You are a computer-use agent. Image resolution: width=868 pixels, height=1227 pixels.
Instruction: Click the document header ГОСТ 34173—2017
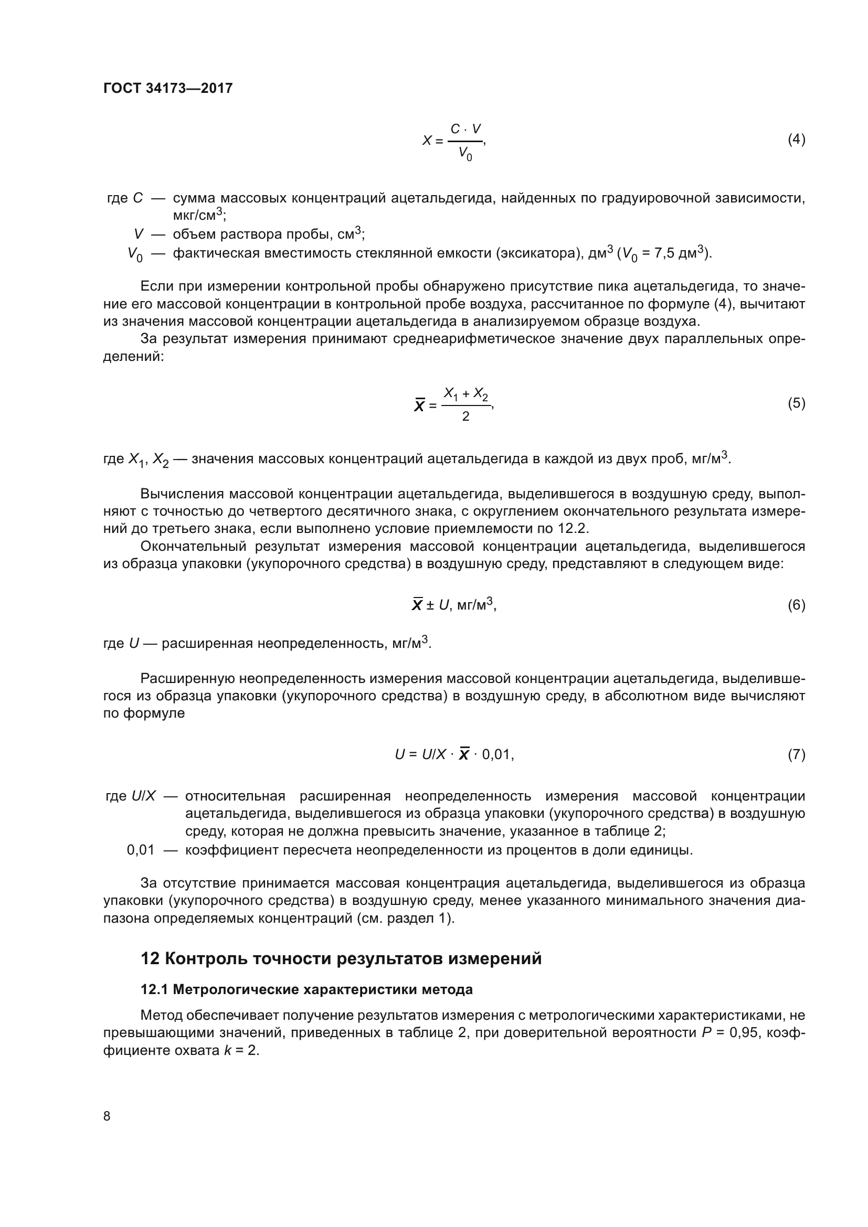[168, 88]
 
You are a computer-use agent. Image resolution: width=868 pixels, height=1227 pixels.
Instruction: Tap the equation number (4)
[796, 140]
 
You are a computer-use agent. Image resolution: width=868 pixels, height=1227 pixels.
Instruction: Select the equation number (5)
[796, 403]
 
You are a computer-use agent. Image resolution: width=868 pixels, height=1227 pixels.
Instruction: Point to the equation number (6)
[796, 605]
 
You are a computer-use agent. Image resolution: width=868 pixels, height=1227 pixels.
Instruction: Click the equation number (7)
[796, 754]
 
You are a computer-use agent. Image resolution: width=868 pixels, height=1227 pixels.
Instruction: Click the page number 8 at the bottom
[107, 1116]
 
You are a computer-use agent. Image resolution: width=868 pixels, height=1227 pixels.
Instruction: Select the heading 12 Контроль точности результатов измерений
[341, 959]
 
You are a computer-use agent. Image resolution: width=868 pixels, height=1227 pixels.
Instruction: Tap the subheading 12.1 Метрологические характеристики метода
[306, 990]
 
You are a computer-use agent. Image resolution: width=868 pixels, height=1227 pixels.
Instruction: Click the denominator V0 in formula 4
[465, 154]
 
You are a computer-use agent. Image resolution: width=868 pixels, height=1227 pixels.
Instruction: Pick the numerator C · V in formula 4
[465, 129]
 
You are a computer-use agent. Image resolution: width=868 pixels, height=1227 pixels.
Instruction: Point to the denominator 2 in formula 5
[465, 417]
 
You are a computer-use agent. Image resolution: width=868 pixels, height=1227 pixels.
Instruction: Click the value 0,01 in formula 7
[497, 754]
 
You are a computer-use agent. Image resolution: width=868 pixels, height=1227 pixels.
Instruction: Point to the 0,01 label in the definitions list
[141, 850]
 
